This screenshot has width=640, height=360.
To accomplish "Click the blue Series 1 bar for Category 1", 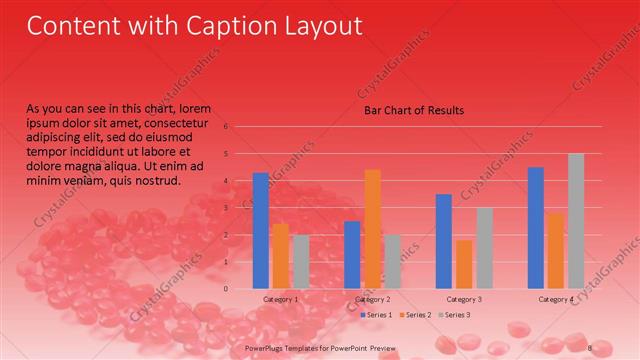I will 260,231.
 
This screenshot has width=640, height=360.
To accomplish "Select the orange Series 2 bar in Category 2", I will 372,229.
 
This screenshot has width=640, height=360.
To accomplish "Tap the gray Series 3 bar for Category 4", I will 576,221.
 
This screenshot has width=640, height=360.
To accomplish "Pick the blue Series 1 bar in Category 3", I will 444,241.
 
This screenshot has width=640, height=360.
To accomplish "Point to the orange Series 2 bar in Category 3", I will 464,264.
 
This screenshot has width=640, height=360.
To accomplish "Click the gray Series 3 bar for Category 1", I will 301,262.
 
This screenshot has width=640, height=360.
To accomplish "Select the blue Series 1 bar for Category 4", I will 536,228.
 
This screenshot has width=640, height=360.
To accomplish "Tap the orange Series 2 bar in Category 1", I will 281,256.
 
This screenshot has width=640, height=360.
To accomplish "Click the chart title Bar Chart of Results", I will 413,110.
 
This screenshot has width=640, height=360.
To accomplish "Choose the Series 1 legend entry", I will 376,315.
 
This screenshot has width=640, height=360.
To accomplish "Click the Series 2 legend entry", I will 415,315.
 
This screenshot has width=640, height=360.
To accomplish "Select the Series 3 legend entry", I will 453,315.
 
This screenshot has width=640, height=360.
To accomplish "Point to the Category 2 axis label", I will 372,299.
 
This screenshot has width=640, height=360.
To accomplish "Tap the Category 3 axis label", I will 464,299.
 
